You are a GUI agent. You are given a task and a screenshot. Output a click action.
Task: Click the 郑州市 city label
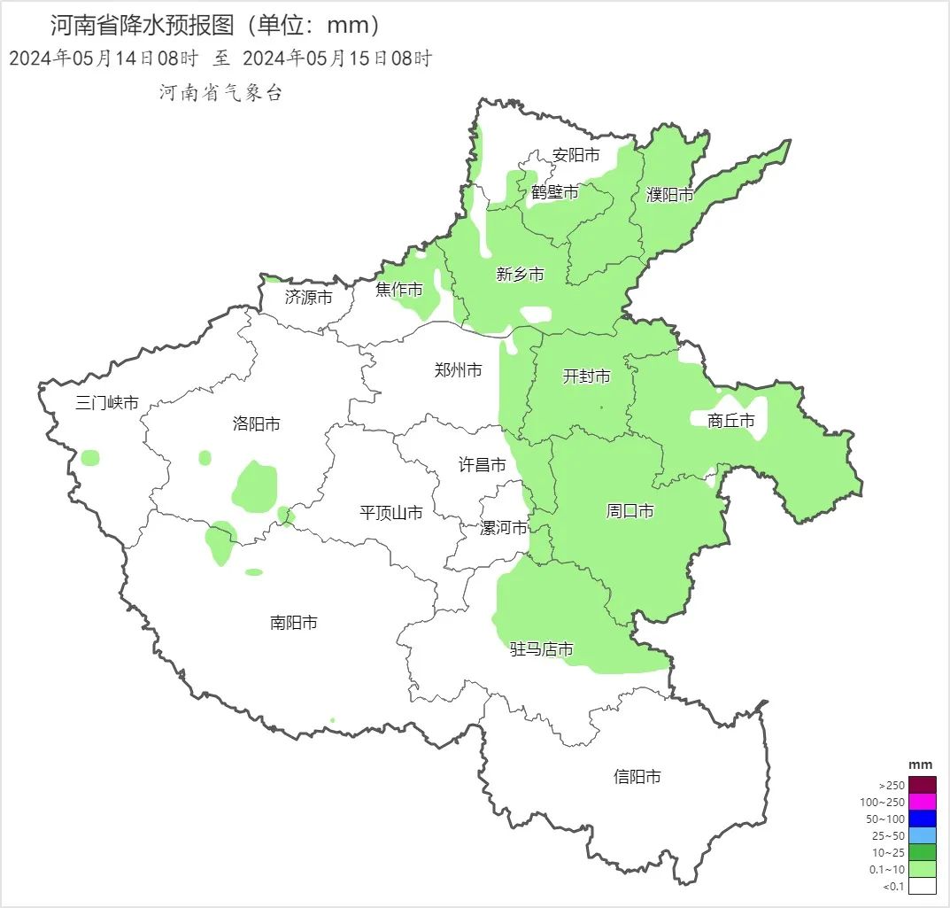click(x=458, y=370)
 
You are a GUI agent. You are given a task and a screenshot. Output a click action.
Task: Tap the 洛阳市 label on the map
click(x=256, y=424)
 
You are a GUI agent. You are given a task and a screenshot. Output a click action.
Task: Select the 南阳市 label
click(x=293, y=623)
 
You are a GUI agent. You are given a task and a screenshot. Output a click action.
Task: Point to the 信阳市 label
click(x=637, y=777)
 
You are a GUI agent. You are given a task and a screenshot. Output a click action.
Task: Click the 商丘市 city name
click(x=731, y=421)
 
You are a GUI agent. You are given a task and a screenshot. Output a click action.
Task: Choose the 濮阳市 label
click(x=669, y=195)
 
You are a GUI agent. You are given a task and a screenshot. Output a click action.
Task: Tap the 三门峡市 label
click(x=107, y=403)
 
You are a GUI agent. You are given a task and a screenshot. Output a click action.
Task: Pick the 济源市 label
click(x=308, y=298)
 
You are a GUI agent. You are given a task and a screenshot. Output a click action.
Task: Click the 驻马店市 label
click(x=542, y=649)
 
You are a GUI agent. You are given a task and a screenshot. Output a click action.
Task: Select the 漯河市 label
click(x=503, y=528)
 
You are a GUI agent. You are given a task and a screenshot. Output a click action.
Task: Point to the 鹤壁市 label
click(x=555, y=191)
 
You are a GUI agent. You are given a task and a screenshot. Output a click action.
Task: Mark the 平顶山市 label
click(x=390, y=512)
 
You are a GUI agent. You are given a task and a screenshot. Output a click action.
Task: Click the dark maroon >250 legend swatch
click(x=922, y=785)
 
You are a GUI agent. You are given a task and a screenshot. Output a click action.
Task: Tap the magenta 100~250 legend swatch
click(x=922, y=802)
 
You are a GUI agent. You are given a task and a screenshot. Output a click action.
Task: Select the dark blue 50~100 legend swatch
click(x=922, y=819)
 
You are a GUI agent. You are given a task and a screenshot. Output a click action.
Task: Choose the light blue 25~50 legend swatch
click(x=922, y=835)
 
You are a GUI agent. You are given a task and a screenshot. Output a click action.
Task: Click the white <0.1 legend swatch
click(x=922, y=885)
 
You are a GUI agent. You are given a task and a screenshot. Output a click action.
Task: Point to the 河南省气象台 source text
click(x=220, y=93)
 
